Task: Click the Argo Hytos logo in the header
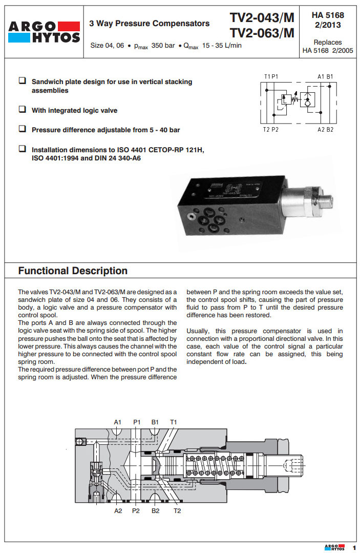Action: point(43,31)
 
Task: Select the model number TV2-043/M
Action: point(262,18)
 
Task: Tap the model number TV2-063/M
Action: point(262,33)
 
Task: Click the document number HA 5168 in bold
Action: point(328,16)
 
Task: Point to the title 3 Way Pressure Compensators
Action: point(150,23)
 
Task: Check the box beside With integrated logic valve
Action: point(23,110)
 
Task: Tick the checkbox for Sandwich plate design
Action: point(23,81)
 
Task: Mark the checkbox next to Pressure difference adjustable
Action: point(23,129)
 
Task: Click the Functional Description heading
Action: point(73,271)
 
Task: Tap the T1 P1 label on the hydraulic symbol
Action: point(271,76)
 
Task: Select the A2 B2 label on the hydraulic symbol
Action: point(325,130)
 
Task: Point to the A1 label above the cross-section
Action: point(117,422)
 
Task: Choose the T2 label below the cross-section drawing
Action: point(177,510)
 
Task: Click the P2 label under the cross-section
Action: point(136,510)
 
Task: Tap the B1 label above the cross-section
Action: point(155,422)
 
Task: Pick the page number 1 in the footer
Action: point(353,547)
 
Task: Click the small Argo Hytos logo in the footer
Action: point(334,547)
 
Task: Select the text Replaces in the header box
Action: point(328,43)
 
